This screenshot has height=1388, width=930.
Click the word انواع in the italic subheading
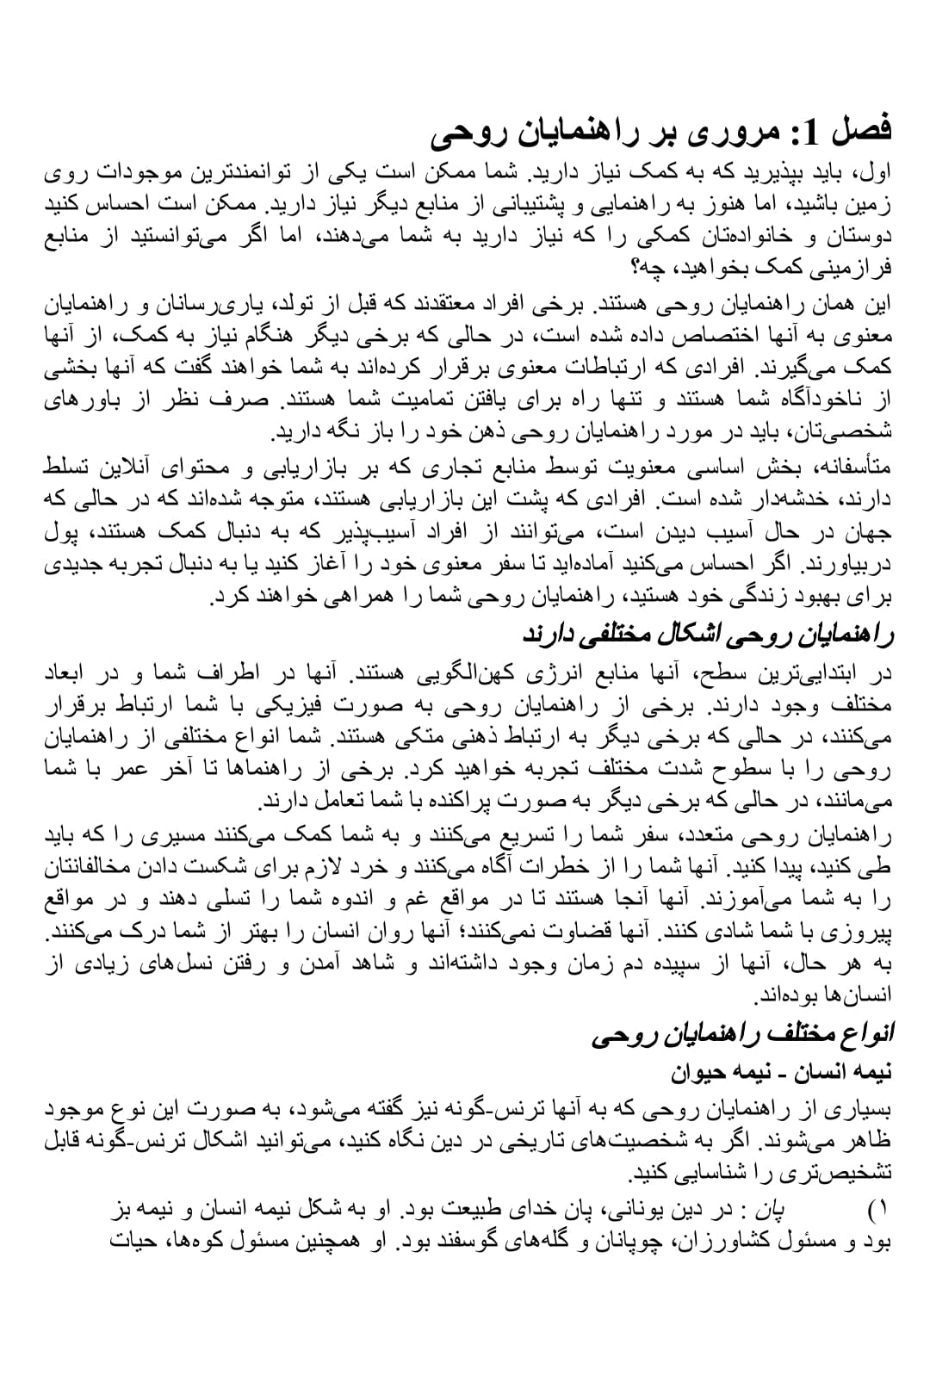[867, 1034]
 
